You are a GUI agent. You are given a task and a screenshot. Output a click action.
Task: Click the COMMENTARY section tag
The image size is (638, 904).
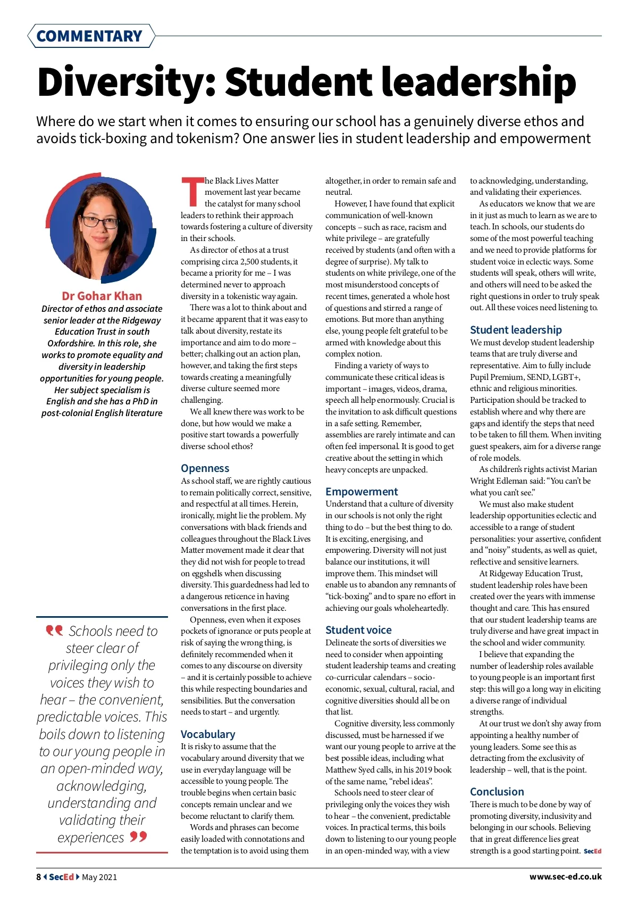click(x=89, y=36)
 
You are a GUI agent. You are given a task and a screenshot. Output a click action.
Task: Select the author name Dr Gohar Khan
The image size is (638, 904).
click(x=102, y=296)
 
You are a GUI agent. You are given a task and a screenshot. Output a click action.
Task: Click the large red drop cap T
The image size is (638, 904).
click(x=192, y=192)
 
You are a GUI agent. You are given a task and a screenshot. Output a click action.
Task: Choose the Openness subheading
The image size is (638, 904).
click(x=205, y=468)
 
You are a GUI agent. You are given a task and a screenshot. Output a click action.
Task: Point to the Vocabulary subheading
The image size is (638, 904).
click(x=208, y=734)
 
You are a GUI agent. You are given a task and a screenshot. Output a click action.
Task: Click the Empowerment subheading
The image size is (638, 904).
click(x=362, y=492)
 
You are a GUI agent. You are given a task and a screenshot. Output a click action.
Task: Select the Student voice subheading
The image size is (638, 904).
click(x=358, y=630)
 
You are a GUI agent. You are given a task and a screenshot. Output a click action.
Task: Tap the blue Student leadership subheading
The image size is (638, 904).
click(x=516, y=330)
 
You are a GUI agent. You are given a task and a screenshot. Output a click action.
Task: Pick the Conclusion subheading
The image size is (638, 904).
click(x=497, y=792)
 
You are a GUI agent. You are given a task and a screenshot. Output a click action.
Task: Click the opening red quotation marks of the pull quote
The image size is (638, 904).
click(x=54, y=631)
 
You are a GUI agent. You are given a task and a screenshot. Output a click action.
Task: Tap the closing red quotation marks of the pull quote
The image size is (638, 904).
click(x=138, y=837)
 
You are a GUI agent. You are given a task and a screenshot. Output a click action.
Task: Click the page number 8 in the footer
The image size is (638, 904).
click(x=39, y=877)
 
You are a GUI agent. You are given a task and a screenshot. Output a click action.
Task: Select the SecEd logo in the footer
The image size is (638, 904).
click(x=61, y=877)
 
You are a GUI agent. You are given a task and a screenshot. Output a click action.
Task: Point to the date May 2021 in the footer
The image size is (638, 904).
click(x=99, y=877)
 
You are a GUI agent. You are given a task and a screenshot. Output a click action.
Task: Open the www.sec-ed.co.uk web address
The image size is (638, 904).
click(x=565, y=876)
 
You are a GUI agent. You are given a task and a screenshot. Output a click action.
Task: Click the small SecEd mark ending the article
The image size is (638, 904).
click(x=592, y=851)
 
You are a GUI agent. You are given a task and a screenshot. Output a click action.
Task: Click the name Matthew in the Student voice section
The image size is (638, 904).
click(x=341, y=770)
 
